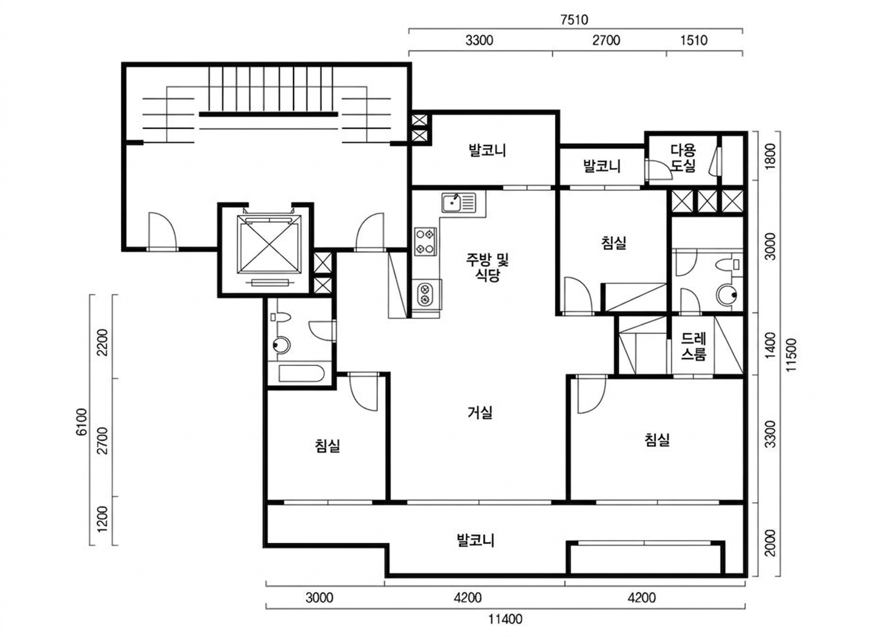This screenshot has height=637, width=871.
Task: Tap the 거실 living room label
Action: pyautogui.click(x=480, y=413)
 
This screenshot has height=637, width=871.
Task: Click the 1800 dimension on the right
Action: pyautogui.click(x=770, y=156)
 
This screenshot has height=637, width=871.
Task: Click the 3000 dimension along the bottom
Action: pyautogui.click(x=319, y=598)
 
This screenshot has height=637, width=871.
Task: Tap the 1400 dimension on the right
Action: pyautogui.click(x=770, y=345)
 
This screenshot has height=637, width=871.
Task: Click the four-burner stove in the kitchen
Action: pyautogui.click(x=425, y=241)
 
